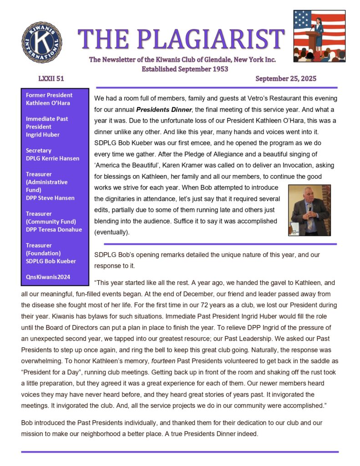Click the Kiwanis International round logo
point(42,42)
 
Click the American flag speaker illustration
point(319,36)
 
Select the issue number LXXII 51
point(51,79)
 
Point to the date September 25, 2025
point(286,79)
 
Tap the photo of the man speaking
point(309,210)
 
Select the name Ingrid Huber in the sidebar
point(43,135)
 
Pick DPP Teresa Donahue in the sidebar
point(54,229)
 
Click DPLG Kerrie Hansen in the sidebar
point(52,158)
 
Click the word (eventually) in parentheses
point(112,232)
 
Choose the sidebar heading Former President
point(49,95)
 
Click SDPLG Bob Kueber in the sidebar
point(51,261)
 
